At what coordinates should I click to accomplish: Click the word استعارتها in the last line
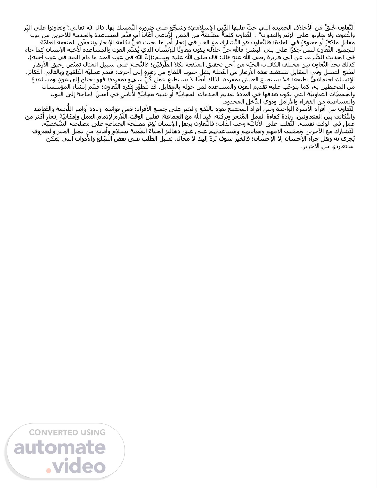pyautogui.click(x=342, y=146)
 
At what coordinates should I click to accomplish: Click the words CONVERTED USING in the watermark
pyautogui.click(x=67, y=432)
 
